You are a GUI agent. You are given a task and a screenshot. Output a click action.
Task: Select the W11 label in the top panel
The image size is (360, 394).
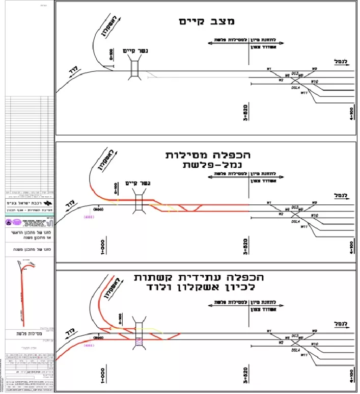(x=304, y=93)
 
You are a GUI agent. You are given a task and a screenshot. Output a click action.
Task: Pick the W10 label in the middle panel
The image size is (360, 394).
(x=314, y=215)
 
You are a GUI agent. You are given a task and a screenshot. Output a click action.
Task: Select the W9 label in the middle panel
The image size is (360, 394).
(x=314, y=202)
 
